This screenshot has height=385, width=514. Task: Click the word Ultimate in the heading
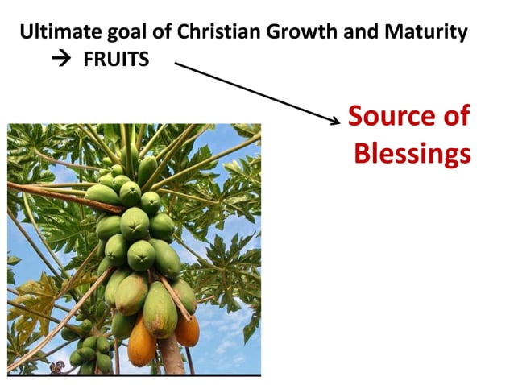(57, 33)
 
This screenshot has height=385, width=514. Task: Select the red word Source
(383, 116)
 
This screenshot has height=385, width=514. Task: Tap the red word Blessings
(412, 153)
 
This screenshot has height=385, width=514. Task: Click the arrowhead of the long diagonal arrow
(337, 122)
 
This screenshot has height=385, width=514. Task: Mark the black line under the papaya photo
(134, 375)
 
